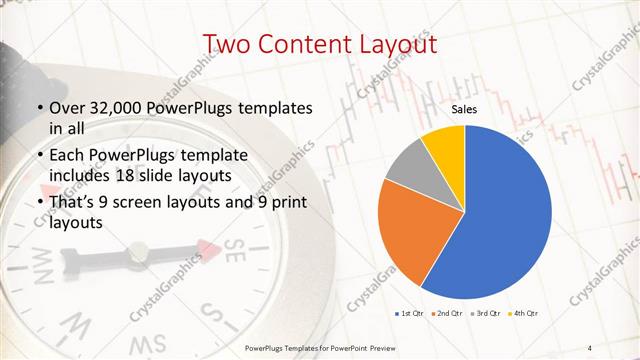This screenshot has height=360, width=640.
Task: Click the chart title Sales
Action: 463,109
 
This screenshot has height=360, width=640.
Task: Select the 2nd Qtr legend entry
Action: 444,315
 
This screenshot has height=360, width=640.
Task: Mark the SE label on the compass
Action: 233,247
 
